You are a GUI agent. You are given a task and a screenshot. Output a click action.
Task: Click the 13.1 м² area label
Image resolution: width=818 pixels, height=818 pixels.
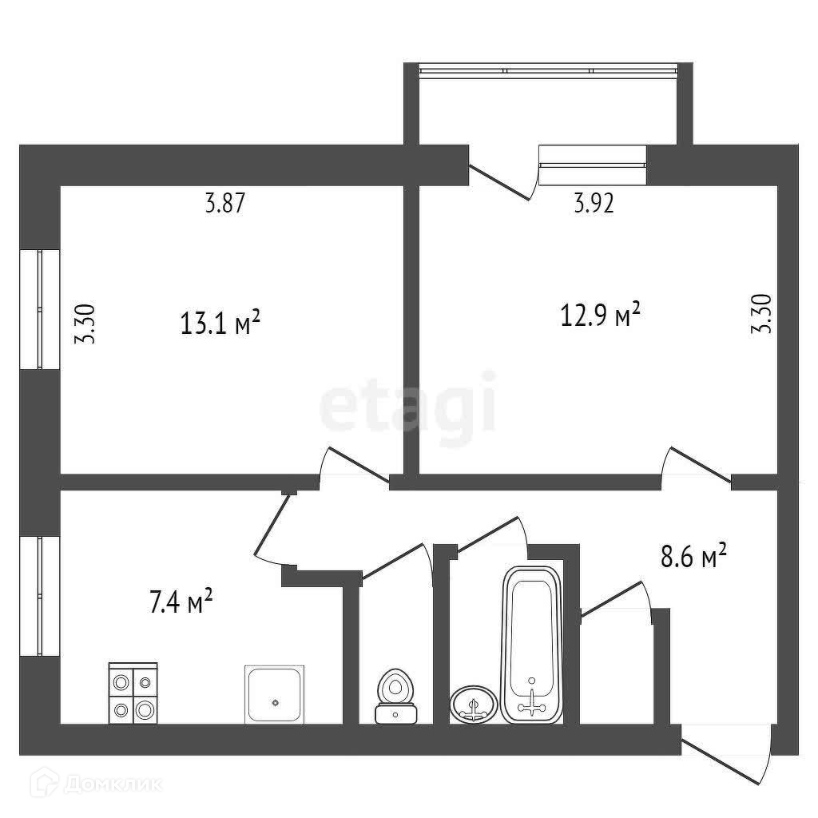point(220,323)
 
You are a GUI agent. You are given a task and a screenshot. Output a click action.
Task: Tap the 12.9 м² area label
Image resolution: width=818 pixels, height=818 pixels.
point(600,315)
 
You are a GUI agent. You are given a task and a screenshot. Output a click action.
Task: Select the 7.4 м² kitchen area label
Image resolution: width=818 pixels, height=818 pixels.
point(181,601)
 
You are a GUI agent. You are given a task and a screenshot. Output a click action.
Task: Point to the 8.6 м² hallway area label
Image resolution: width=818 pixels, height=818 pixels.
point(693,556)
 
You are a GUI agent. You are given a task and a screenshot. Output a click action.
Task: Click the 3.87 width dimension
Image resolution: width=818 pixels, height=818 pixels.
point(224,203)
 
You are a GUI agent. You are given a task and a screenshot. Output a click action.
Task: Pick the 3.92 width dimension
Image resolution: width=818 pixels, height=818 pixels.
point(594,203)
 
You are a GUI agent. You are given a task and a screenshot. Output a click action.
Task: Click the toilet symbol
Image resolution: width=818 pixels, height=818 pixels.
point(395,697)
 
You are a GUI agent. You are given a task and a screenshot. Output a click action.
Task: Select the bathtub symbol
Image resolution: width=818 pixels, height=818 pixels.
point(531,645)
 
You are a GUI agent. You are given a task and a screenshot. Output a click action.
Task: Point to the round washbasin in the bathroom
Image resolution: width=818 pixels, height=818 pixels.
point(474,705)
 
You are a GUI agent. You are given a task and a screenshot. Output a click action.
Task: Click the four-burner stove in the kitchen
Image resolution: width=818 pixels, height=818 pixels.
point(133,693)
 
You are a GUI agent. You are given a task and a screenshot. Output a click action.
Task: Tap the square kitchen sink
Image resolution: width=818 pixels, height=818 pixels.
point(275,694)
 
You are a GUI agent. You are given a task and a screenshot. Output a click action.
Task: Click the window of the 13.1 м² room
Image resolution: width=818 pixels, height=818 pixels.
point(40,309)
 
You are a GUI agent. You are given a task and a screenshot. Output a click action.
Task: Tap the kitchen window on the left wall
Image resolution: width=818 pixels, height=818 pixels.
point(40,596)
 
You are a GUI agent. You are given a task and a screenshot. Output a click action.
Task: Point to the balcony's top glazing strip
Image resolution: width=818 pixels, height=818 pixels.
point(548,70)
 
